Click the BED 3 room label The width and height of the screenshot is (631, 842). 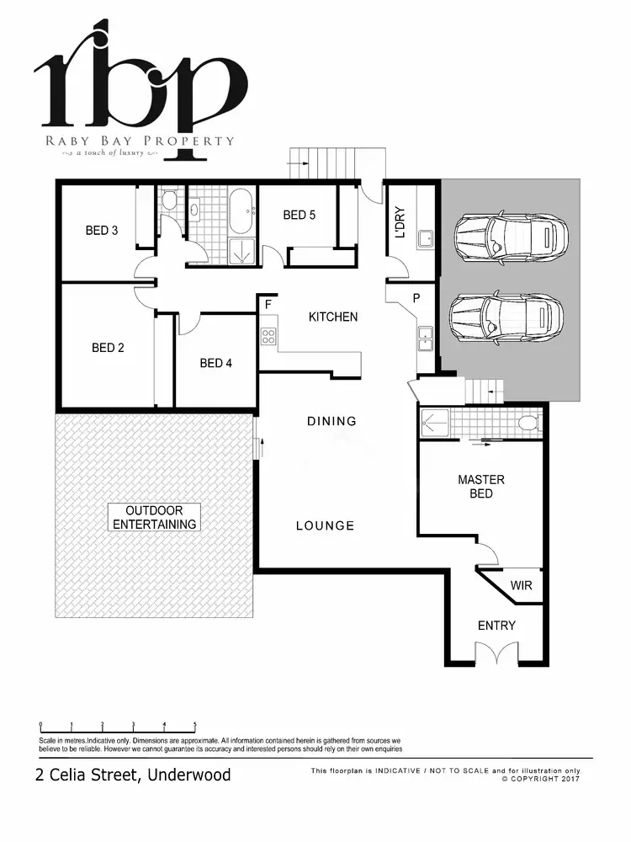[101, 230]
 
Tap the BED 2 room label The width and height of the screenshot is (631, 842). [108, 347]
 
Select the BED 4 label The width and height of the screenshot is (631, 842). [216, 363]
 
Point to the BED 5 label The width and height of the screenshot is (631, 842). [299, 216]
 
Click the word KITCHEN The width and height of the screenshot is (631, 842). [333, 317]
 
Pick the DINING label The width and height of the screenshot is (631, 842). [331, 421]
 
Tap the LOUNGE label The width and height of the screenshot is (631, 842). [325, 525]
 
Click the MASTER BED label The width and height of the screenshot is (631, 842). [481, 487]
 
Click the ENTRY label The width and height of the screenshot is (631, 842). [496, 626]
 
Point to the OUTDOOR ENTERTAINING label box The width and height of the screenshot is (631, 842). [155, 517]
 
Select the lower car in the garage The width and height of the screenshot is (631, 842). [506, 317]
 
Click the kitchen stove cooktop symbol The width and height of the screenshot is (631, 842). [269, 337]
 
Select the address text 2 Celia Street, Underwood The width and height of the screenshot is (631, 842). [133, 775]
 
